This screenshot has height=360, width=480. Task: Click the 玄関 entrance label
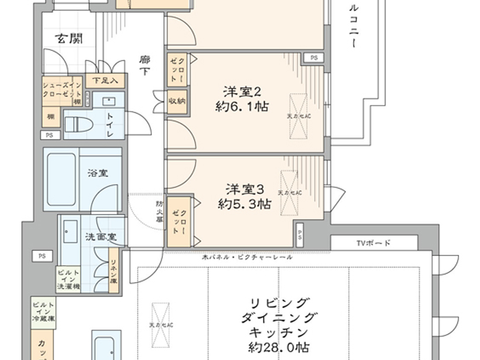(70, 38)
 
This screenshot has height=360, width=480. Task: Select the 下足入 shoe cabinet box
(105, 81)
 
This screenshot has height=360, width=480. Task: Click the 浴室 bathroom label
(98, 173)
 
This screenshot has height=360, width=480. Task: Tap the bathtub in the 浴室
(61, 179)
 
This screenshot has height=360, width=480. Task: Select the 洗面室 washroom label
(101, 237)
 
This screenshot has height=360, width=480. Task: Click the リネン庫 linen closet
(113, 271)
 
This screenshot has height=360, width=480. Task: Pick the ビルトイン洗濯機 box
(68, 279)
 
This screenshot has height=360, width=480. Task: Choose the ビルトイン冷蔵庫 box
(43, 312)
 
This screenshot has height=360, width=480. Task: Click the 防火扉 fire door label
(159, 211)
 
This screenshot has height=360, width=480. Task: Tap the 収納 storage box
(177, 101)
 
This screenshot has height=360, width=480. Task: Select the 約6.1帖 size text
(242, 107)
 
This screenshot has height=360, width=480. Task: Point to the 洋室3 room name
(244, 189)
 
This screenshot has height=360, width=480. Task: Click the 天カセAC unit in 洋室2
(299, 116)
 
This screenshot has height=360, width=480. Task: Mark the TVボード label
(373, 243)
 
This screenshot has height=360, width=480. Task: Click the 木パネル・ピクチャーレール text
(247, 257)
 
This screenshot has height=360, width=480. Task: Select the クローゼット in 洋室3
(179, 221)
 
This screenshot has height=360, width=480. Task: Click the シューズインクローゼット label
(62, 90)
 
